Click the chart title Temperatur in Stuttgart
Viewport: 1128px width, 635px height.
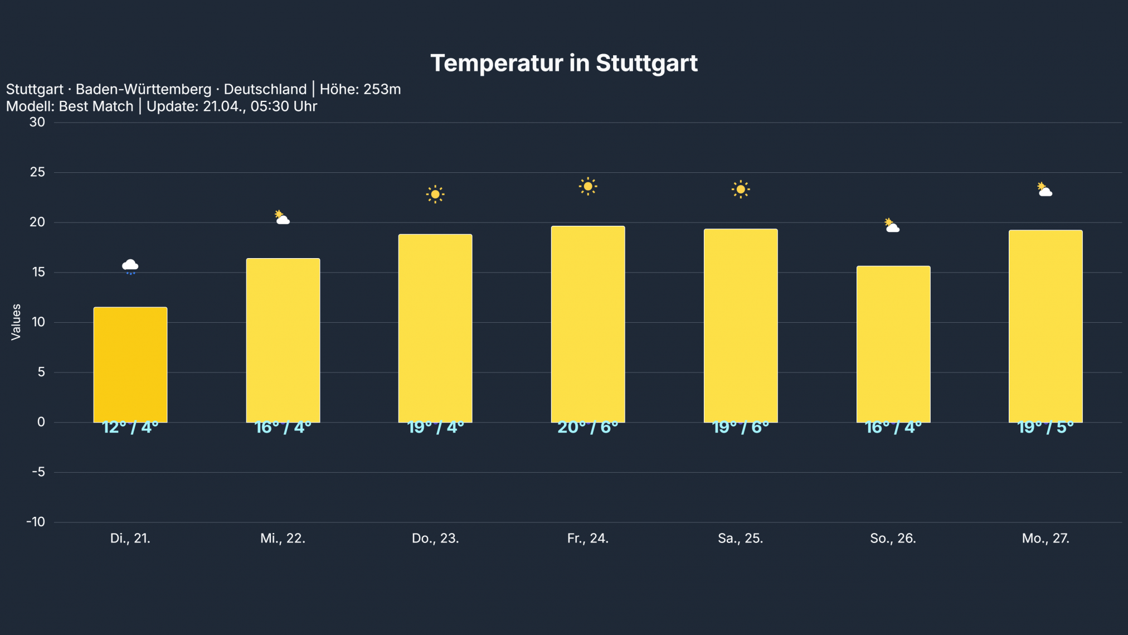point(563,63)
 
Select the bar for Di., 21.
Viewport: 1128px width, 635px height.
point(130,365)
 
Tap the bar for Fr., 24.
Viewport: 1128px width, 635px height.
point(588,324)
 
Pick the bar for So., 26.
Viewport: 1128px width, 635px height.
point(893,344)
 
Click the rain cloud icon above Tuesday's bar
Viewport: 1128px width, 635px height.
point(130,266)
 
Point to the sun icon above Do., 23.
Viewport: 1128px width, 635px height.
point(435,194)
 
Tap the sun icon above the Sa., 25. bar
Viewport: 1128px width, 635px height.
point(740,190)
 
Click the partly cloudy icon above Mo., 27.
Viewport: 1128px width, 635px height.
point(1044,190)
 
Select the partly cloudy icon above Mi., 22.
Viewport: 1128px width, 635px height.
point(283,217)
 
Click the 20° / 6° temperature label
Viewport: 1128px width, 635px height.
point(588,428)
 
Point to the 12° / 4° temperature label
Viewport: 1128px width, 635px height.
point(130,428)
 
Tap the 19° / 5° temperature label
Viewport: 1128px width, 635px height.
point(1046,428)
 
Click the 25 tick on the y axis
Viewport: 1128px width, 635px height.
point(37,172)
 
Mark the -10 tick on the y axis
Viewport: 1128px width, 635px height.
point(36,522)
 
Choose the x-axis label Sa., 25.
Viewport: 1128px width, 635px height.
point(740,539)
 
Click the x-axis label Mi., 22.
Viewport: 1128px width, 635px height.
point(283,539)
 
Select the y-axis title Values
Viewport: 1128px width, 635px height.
point(16,322)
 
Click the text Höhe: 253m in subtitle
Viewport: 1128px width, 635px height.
point(360,89)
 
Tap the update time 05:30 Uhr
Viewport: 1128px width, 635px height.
point(284,106)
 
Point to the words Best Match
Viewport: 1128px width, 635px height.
point(96,106)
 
